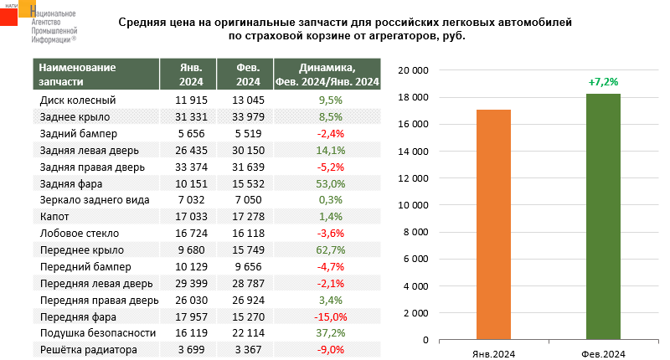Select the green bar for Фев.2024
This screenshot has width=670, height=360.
[x=603, y=217]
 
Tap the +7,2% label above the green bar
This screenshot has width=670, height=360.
[x=603, y=83]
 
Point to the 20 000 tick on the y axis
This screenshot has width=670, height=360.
[x=413, y=71]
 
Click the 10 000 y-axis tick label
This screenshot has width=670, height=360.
[x=413, y=205]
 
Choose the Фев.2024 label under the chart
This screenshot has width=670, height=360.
[x=603, y=354]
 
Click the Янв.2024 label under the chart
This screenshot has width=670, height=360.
[x=493, y=354]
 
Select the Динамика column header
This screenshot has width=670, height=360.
[x=327, y=75]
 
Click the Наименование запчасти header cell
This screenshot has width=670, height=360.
[x=93, y=75]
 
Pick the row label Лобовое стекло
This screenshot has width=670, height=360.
[x=80, y=234]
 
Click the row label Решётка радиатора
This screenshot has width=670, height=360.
[x=89, y=350]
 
